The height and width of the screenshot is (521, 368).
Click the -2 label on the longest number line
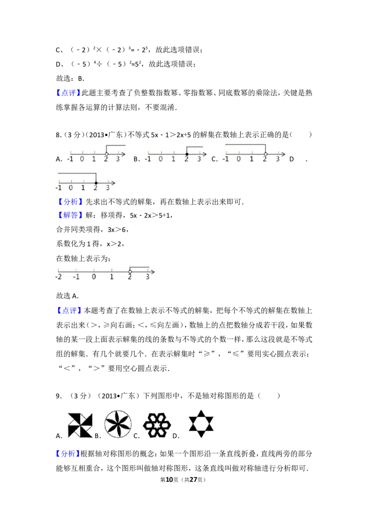[x=58, y=277]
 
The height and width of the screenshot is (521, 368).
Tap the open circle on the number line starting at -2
[x=130, y=272]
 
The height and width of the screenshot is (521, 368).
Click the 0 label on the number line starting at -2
[x=94, y=277]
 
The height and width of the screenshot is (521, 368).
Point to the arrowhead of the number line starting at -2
[x=154, y=272]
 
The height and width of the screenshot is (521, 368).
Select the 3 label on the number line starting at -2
[x=148, y=277]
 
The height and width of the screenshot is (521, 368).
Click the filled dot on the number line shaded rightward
[x=187, y=154]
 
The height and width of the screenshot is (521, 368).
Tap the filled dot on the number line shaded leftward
[x=96, y=183]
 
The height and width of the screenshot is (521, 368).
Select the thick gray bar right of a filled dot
[x=195, y=145]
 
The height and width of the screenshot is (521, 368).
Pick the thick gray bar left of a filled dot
[x=77, y=172]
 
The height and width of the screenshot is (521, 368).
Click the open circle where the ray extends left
[x=265, y=154]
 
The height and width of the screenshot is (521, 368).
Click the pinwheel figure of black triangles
[x=80, y=425]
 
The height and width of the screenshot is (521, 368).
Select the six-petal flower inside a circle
[x=118, y=425]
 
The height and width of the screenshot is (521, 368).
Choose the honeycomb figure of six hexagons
[x=157, y=425]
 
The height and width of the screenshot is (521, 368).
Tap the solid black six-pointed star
[x=201, y=423]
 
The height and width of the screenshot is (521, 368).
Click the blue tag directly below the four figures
[x=68, y=454]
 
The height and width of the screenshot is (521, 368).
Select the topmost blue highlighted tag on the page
[x=68, y=93]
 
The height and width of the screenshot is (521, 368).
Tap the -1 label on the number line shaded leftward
[x=58, y=188]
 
